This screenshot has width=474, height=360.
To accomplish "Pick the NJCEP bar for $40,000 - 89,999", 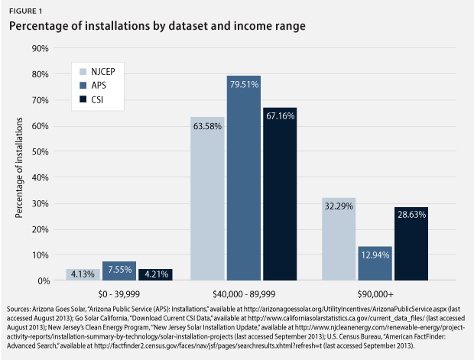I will (208, 199).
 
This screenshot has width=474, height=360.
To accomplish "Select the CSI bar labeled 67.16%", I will (280, 194).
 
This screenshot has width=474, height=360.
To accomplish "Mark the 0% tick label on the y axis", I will (41, 281).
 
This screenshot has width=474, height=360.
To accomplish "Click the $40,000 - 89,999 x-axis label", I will (243, 294).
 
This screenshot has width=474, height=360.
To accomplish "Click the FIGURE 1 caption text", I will (28, 10).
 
